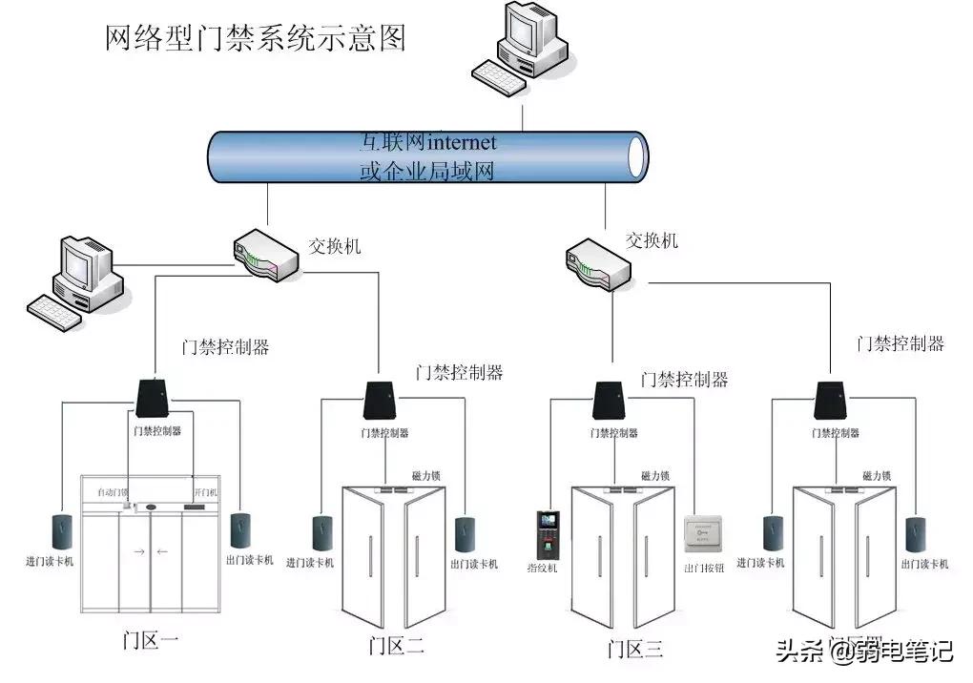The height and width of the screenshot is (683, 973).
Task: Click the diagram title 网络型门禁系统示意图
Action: tap(255, 37)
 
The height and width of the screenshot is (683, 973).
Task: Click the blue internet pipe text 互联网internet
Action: tap(428, 142)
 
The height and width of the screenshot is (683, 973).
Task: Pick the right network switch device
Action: tap(599, 262)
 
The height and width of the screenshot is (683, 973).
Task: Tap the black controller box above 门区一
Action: tap(153, 399)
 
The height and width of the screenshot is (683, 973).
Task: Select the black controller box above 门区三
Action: tap(611, 401)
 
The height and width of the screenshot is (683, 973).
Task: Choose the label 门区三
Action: tap(634, 649)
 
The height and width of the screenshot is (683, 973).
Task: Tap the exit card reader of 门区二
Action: tap(465, 534)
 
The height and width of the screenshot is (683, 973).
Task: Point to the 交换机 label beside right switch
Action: tap(652, 240)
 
